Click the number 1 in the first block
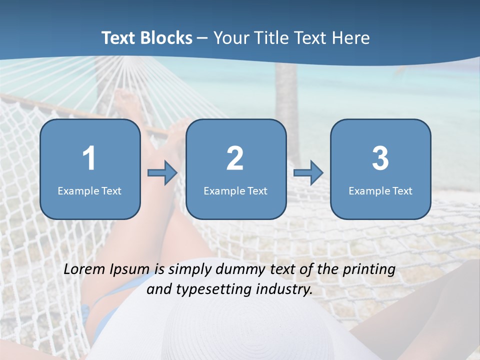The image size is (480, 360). (x=89, y=159)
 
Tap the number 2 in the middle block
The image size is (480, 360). (x=235, y=159)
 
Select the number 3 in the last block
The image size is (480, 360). (x=380, y=159)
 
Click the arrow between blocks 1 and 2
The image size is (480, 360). (x=162, y=173)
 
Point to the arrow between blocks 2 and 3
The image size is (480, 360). (x=308, y=173)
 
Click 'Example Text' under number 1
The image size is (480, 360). (x=89, y=191)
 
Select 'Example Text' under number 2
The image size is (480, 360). (x=235, y=191)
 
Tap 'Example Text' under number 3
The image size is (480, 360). (x=380, y=191)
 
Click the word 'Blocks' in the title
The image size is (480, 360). (x=167, y=38)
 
